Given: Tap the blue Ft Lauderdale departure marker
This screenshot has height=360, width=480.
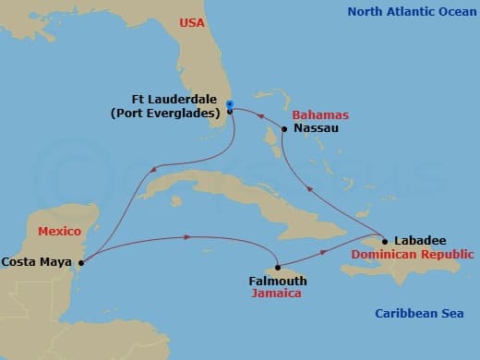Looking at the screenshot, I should [229, 103].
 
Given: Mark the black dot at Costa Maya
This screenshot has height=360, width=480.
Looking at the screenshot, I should [82, 262].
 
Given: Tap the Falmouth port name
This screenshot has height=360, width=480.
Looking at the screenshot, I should [278, 281].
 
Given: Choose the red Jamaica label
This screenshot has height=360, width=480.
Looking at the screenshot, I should [278, 294].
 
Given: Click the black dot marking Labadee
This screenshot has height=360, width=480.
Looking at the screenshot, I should [385, 242].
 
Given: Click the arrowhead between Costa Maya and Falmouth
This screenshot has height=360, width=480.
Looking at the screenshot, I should [188, 237].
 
